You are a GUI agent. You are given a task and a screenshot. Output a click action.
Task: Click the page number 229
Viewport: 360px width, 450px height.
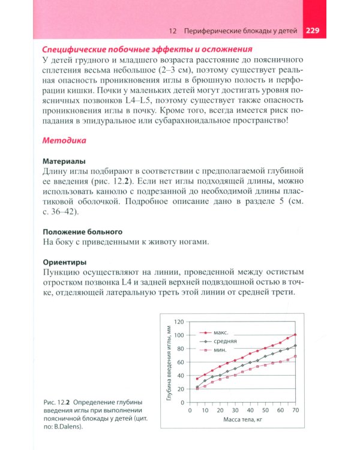pos(316,31)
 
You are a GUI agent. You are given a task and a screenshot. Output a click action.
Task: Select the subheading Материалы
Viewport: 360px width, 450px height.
pos(64,161)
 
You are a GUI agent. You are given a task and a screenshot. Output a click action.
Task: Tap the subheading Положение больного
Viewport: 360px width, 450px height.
pos(83,231)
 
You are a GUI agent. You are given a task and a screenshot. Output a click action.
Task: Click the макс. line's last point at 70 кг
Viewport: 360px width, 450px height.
pos(295,335)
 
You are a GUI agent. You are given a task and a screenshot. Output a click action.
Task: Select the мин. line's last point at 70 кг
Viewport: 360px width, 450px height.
pos(295,356)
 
